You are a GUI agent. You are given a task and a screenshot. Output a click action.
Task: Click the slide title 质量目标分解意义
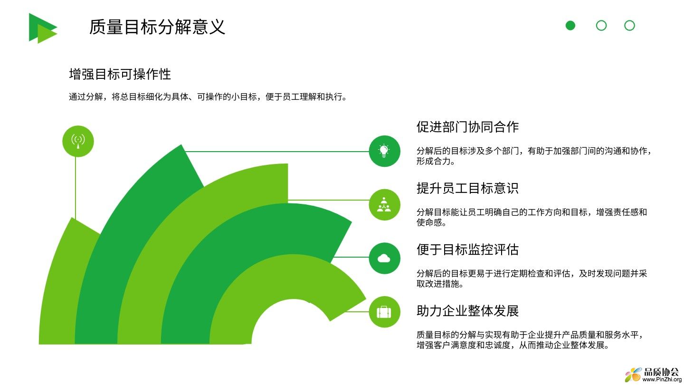157,27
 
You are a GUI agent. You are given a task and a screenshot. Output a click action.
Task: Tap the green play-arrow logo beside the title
43,28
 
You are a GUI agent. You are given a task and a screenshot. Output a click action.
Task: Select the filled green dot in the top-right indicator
570,25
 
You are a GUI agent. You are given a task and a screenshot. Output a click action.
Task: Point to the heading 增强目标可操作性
120,74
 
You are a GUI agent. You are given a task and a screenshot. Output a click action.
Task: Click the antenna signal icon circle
78,141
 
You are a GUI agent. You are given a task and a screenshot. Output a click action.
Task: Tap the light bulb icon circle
384,151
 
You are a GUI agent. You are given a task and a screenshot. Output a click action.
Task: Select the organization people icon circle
384,205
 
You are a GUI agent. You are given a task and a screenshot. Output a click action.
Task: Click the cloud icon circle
384,258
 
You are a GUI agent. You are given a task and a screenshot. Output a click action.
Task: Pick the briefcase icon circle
384,312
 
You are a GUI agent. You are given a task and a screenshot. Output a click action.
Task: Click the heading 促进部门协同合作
467,127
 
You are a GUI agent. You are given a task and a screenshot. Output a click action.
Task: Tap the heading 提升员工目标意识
467,188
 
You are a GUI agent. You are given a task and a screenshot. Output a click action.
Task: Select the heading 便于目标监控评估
467,250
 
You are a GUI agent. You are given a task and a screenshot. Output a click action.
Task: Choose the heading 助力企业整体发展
467,311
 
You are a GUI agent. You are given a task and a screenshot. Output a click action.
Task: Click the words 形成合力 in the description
434,161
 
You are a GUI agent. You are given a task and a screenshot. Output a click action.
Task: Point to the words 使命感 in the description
429,222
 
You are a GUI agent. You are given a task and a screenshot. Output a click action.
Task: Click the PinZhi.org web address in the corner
662,379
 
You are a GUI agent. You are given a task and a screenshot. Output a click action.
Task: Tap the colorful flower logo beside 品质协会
633,375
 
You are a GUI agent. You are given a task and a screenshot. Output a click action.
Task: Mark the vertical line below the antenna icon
76,188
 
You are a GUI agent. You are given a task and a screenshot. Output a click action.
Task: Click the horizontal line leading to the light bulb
276,151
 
